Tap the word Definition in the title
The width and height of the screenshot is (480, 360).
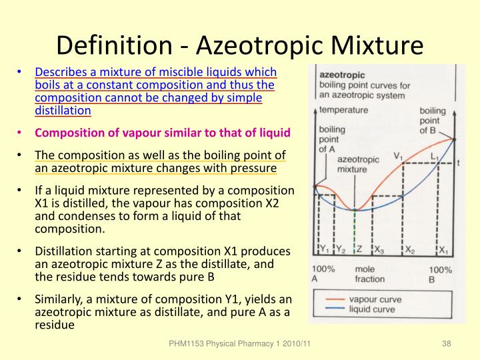coord(113,45)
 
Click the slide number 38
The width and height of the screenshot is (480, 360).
coord(447,343)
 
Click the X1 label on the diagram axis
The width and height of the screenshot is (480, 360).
coord(443,251)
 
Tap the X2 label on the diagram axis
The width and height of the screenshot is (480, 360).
coord(410,251)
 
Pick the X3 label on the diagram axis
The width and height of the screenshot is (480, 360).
coord(379,251)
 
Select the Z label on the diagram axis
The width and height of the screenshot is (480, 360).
coord(359,251)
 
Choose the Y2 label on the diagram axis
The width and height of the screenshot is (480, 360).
coord(340,251)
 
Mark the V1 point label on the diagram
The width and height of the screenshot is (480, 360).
coord(398,157)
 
